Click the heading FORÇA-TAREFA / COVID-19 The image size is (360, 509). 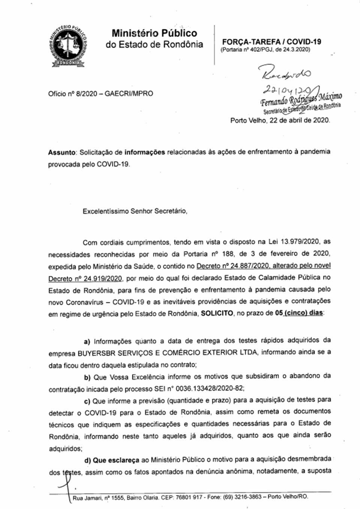[271, 42]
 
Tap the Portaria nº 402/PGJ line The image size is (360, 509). [265, 50]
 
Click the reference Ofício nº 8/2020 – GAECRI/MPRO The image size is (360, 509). [100, 93]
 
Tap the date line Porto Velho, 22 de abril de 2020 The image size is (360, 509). [280, 120]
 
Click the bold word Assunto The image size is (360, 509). [62, 152]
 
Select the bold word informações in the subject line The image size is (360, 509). [145, 152]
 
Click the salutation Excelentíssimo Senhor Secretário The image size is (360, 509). [135, 211]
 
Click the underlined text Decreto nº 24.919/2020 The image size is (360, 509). [85, 279]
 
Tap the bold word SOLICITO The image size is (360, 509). [217, 313]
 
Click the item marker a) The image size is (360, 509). [87, 341]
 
